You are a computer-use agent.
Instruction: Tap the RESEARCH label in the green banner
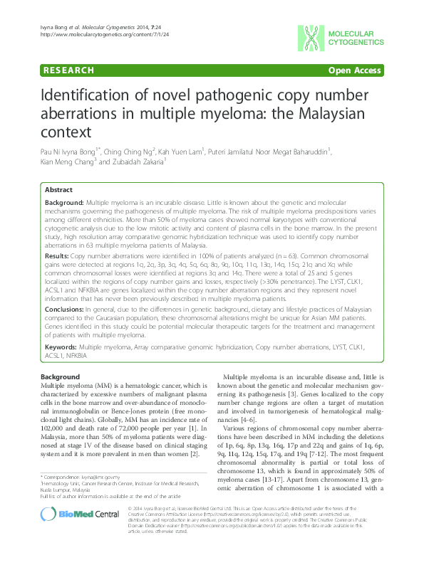[69, 70]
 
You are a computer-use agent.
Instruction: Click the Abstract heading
[58, 191]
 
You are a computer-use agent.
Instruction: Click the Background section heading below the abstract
[60, 376]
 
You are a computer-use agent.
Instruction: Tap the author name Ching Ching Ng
[133, 150]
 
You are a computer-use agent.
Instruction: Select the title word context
[66, 132]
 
